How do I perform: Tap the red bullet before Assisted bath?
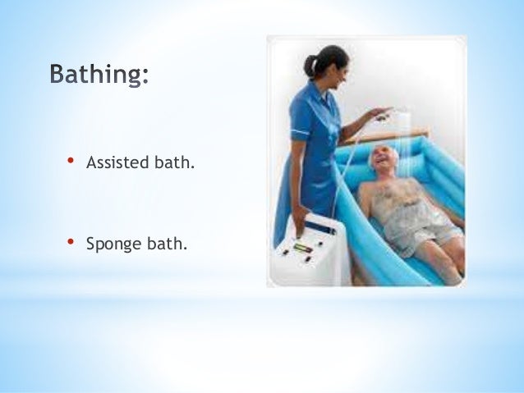(71, 162)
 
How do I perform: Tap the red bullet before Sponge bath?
(71, 242)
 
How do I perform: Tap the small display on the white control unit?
(304, 247)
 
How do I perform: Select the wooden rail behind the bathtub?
(386, 134)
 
